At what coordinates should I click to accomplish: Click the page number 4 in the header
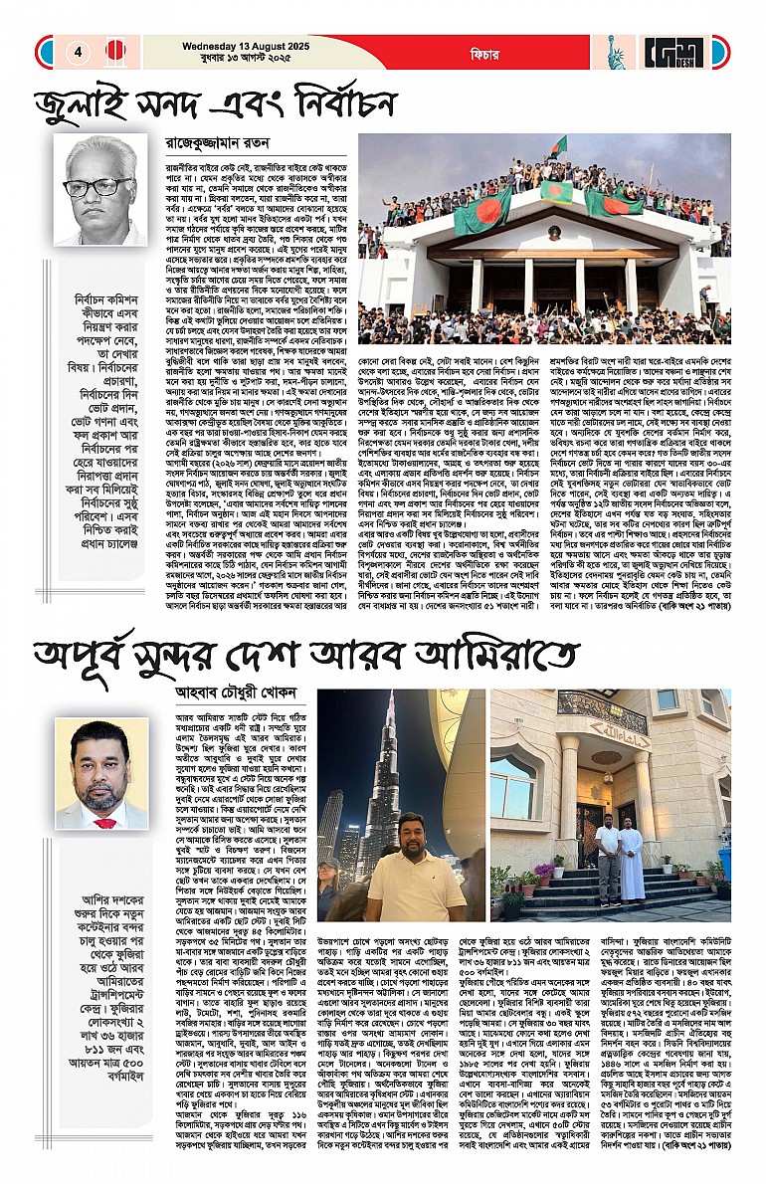77,52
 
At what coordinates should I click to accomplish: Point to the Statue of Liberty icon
615,52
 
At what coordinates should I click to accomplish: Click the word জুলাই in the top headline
89,103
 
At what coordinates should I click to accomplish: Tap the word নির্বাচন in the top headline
394,103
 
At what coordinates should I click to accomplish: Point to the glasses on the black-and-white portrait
97,186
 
